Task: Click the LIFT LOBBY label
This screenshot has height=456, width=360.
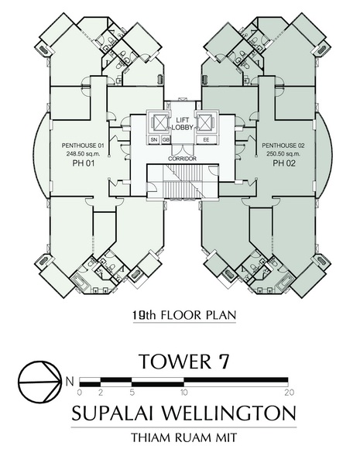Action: (x=183, y=124)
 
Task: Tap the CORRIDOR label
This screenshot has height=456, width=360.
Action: (x=183, y=159)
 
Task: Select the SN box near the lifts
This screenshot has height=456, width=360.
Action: (x=154, y=139)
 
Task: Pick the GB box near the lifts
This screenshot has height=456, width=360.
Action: (x=166, y=139)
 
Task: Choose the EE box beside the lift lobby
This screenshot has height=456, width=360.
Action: (x=206, y=139)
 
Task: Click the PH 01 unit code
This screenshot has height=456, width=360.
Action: (x=84, y=163)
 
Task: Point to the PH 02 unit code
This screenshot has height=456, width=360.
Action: (x=284, y=163)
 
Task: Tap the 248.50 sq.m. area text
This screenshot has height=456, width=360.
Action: (x=83, y=154)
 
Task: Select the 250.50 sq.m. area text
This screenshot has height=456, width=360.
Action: (x=283, y=154)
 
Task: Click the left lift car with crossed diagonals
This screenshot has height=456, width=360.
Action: (x=158, y=122)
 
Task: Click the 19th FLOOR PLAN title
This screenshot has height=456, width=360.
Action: (x=184, y=315)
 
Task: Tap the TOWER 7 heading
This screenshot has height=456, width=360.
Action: (x=184, y=361)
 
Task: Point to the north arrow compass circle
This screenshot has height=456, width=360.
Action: (x=39, y=382)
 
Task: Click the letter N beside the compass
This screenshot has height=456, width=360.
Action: (x=70, y=381)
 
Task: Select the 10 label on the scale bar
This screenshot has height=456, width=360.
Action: (x=183, y=393)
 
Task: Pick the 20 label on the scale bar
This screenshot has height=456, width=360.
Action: (x=290, y=393)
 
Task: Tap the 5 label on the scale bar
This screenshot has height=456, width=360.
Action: (x=132, y=393)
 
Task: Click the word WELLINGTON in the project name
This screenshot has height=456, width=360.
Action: (x=228, y=413)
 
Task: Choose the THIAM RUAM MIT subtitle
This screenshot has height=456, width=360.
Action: (x=183, y=437)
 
